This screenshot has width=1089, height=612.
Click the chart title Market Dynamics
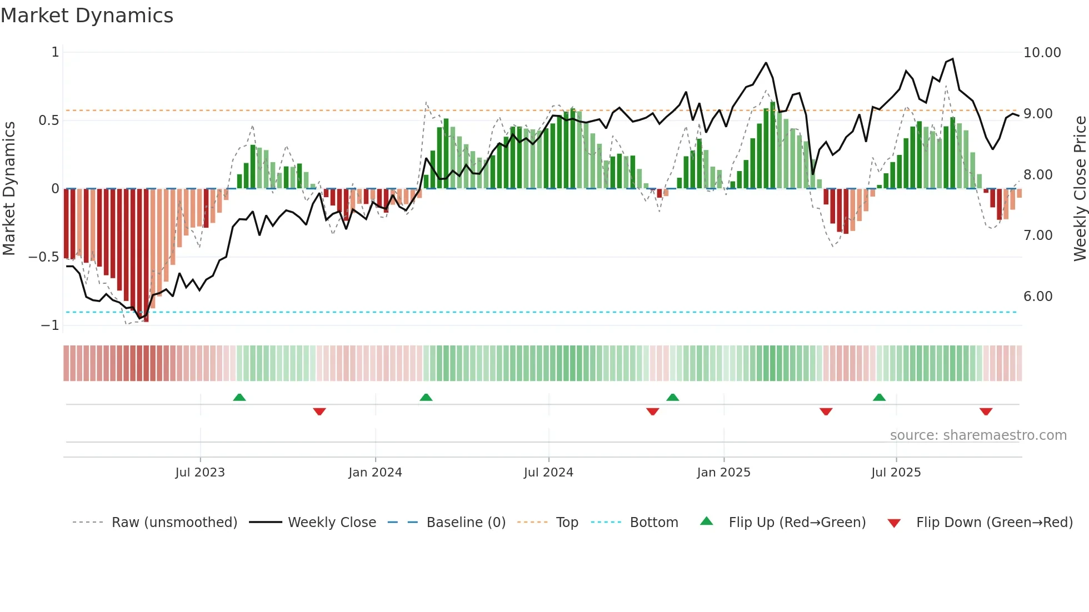87,16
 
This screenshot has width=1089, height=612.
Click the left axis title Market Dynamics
9,188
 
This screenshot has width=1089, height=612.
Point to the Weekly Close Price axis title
1080,188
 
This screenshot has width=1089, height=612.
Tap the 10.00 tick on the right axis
1042,53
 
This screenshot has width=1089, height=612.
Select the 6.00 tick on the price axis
1038,297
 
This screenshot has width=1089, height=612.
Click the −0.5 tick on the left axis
43,257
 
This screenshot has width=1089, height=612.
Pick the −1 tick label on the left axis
49,325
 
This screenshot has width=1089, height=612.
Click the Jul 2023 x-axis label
200,473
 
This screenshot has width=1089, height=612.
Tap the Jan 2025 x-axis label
723,473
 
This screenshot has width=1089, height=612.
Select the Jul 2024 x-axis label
548,473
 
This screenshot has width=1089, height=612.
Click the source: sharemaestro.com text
978,435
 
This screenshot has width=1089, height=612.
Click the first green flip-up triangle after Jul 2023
239,398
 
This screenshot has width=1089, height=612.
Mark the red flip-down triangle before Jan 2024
319,412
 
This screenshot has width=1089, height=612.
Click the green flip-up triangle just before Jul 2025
879,398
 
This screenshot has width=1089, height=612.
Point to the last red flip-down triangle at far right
986,412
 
